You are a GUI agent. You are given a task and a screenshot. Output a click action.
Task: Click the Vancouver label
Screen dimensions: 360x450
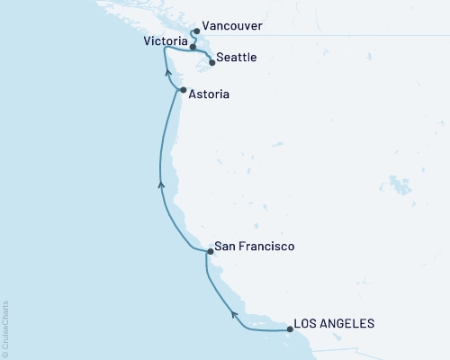233,27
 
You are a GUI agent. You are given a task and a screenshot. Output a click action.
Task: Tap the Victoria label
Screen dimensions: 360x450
166,41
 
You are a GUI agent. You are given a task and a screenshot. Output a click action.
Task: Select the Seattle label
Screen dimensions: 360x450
238,58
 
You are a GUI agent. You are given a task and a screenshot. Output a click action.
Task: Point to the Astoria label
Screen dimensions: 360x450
210,92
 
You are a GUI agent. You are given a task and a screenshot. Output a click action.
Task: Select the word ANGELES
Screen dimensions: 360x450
347,323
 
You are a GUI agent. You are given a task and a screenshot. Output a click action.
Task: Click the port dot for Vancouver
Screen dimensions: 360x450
196,31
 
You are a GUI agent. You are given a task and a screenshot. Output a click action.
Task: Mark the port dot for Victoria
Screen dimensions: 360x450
193,46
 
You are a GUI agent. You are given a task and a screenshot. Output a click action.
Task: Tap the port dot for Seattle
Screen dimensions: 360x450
211,62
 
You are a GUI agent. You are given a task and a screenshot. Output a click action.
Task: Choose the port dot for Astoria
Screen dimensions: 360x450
183,91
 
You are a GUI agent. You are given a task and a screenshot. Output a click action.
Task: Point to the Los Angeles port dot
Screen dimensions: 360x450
289,329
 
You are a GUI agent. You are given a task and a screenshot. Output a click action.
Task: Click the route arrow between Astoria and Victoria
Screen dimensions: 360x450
168,77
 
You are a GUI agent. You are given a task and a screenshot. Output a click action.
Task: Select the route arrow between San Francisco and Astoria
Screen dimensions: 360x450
161,184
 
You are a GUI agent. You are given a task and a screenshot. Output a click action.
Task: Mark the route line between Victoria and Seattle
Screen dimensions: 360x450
202,53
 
